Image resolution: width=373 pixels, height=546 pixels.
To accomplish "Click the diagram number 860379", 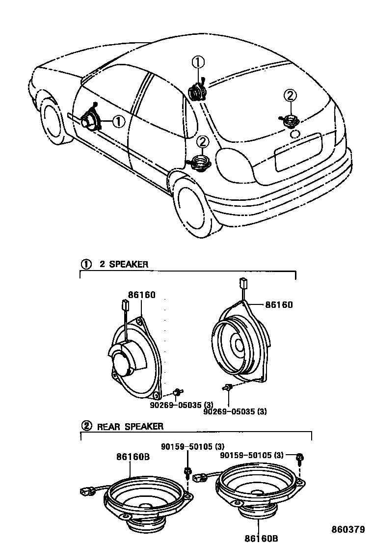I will [x=347, y=530].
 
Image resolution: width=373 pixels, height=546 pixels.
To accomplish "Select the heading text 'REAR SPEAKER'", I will [x=130, y=427].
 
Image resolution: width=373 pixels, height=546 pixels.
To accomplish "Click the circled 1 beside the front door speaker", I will [x=118, y=121].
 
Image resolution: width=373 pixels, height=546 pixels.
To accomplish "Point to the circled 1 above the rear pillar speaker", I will [x=197, y=63].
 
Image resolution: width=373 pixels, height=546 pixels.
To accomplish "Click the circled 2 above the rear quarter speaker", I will [x=203, y=142].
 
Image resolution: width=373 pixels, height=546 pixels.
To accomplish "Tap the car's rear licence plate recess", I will [x=298, y=152].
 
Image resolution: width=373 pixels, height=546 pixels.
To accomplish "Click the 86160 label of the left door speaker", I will [x=142, y=295].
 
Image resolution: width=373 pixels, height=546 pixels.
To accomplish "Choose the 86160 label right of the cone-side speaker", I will [x=279, y=305].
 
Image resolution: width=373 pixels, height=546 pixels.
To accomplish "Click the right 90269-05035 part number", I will [x=235, y=411].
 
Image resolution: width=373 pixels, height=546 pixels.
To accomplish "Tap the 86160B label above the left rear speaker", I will [x=133, y=457].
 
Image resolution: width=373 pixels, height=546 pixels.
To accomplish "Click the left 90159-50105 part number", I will [x=193, y=446].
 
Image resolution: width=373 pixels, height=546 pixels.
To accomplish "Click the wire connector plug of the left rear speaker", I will [x=87, y=490].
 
